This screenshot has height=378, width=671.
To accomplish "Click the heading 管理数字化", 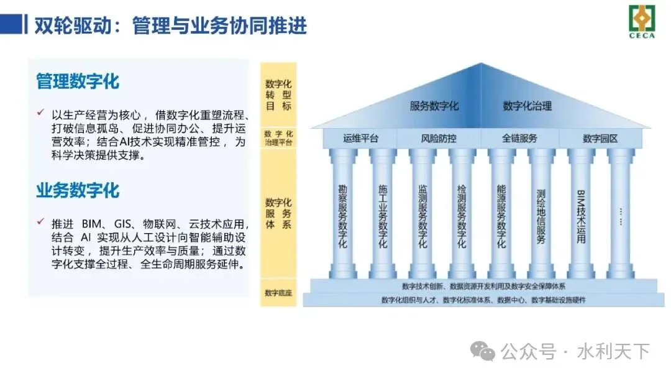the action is [78, 81].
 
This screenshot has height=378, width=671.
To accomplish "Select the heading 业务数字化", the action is [78, 190].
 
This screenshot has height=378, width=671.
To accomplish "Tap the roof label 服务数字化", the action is [434, 106].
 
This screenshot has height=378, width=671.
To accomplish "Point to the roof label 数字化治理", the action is [527, 106].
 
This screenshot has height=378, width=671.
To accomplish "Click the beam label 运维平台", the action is [360, 138].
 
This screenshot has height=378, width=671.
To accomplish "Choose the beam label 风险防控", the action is [439, 138].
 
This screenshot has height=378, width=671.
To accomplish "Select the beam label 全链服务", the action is [519, 138].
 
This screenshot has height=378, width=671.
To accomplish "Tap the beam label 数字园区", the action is [600, 138].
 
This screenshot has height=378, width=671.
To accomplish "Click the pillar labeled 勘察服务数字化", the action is [342, 216].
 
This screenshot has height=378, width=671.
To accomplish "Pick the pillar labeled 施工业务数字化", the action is [383, 216].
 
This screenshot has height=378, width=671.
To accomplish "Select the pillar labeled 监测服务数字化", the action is [422, 216].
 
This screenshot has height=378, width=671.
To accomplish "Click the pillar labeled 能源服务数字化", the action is [501, 216].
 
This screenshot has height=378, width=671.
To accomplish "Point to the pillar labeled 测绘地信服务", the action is [541, 216].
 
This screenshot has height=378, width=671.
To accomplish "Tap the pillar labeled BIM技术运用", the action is [581, 216].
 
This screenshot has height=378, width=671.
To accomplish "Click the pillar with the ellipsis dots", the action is [621, 216].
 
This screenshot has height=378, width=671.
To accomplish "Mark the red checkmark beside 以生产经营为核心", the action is [40, 114].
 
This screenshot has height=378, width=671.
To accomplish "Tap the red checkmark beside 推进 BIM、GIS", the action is [40, 222].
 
